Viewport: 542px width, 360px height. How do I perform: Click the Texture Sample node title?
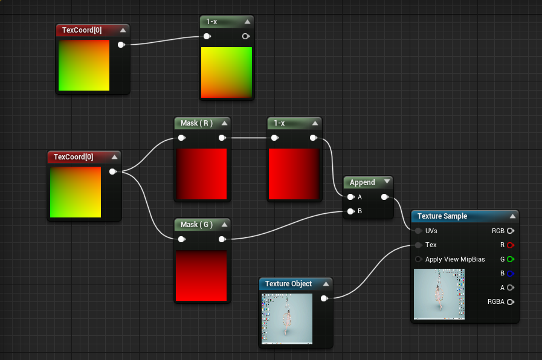click(442, 216)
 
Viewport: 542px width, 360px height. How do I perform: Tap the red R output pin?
click(511, 245)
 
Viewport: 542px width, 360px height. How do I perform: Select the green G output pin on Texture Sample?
click(511, 259)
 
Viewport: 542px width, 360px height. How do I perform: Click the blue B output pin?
click(511, 274)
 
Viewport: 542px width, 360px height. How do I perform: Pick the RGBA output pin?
click(511, 302)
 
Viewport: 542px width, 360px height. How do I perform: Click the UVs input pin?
click(418, 231)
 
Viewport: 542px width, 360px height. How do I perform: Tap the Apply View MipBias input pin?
click(418, 259)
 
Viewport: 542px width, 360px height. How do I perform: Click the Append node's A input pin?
click(350, 197)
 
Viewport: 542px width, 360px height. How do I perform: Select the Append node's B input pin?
click(350, 211)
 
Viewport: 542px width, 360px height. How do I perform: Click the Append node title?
click(363, 182)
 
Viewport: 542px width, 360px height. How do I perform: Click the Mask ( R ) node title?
click(196, 123)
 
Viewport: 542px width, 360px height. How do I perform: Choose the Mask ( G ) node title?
click(196, 225)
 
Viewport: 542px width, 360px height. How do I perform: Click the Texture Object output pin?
click(324, 298)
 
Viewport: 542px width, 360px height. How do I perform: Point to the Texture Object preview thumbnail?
click(287, 318)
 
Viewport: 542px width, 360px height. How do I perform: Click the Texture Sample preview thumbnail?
click(439, 294)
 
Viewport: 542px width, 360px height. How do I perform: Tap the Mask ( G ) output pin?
click(222, 239)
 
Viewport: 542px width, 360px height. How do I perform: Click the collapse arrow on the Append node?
click(387, 182)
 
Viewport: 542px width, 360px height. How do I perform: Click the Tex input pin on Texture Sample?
click(418, 245)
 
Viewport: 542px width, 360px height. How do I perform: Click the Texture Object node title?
click(289, 284)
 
